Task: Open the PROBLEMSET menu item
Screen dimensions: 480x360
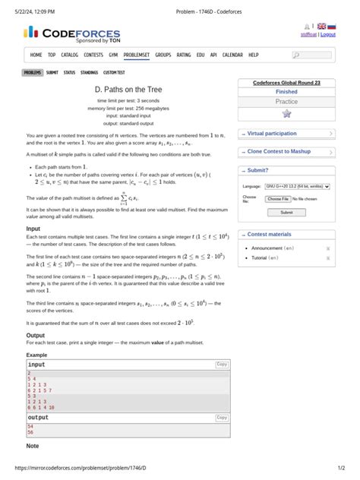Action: pyautogui.click(x=137, y=55)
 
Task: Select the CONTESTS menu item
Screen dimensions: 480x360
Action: pyautogui.click(x=93, y=55)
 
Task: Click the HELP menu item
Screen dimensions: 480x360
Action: pyautogui.click(x=254, y=55)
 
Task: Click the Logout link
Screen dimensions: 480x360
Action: pyautogui.click(x=328, y=34)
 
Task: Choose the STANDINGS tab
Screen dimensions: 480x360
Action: pyautogui.click(x=90, y=72)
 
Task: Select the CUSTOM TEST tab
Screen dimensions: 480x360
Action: pyautogui.click(x=115, y=72)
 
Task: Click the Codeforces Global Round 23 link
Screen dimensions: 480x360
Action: pyautogui.click(x=286, y=82)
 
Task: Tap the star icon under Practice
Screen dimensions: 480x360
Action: pyautogui.click(x=286, y=113)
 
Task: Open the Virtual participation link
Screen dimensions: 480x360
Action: pyautogui.click(x=272, y=134)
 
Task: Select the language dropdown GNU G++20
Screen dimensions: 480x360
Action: pyautogui.click(x=298, y=185)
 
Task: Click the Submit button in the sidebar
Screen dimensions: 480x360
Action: pyautogui.click(x=286, y=213)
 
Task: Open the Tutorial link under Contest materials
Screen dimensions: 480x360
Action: pyautogui.click(x=265, y=258)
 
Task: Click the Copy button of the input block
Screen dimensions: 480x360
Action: pyautogui.click(x=222, y=365)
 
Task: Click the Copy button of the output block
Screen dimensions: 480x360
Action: pyautogui.click(x=222, y=418)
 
